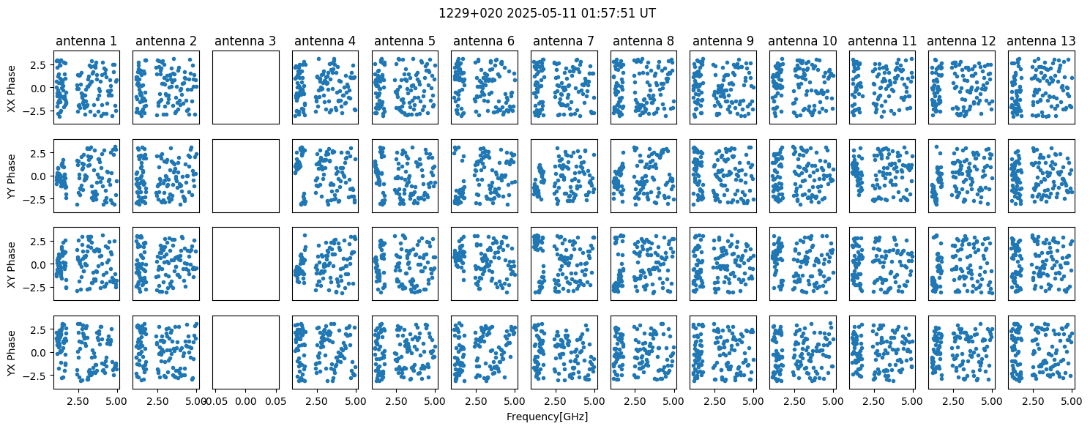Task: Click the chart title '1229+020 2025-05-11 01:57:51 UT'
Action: coord(547,13)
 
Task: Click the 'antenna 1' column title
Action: coord(86,41)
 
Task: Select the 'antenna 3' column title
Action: coord(245,41)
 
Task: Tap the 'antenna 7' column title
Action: coord(564,41)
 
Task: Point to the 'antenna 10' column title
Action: coord(802,41)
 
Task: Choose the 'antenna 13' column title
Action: coord(1041,41)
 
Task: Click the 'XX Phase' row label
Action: coord(11,88)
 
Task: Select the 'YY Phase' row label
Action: coord(11,176)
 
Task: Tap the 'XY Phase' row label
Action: coord(11,264)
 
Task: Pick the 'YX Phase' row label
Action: coord(11,353)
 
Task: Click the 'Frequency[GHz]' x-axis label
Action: coord(547,417)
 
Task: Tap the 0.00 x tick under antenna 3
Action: coord(246,401)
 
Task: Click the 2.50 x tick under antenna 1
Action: coord(78,401)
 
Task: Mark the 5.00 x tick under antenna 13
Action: coord(1072,401)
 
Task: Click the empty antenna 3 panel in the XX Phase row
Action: coord(246,88)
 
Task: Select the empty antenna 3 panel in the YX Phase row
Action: coord(246,353)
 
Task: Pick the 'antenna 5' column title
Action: coord(404,41)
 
